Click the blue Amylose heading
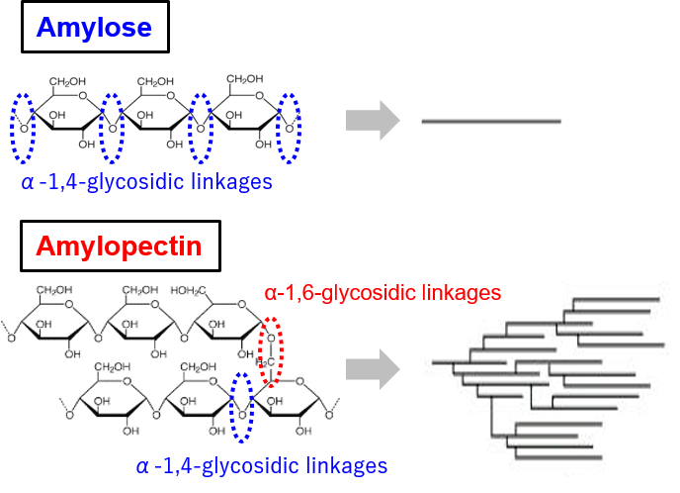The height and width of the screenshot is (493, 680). point(94,28)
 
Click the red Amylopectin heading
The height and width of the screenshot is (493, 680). point(118,246)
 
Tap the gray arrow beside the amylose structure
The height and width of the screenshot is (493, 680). point(373,121)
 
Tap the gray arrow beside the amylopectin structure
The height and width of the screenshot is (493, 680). point(373,370)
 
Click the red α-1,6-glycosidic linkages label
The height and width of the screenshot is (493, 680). point(382,292)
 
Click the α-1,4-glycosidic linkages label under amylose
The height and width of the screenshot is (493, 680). point(146,182)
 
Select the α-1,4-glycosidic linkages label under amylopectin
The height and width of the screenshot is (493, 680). point(261,465)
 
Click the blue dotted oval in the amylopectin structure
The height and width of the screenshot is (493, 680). point(240,406)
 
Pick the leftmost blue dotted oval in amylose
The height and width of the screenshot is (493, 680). point(24,127)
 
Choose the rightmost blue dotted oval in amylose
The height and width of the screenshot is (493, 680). point(290,127)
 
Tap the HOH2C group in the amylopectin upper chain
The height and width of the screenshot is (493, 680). point(187,291)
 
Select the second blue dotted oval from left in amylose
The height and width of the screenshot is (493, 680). point(113,127)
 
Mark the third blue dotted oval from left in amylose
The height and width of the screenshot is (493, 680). point(201,127)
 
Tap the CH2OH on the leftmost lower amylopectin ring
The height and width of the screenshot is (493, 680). point(114,368)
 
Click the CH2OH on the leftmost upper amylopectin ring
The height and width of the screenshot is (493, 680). point(56,291)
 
